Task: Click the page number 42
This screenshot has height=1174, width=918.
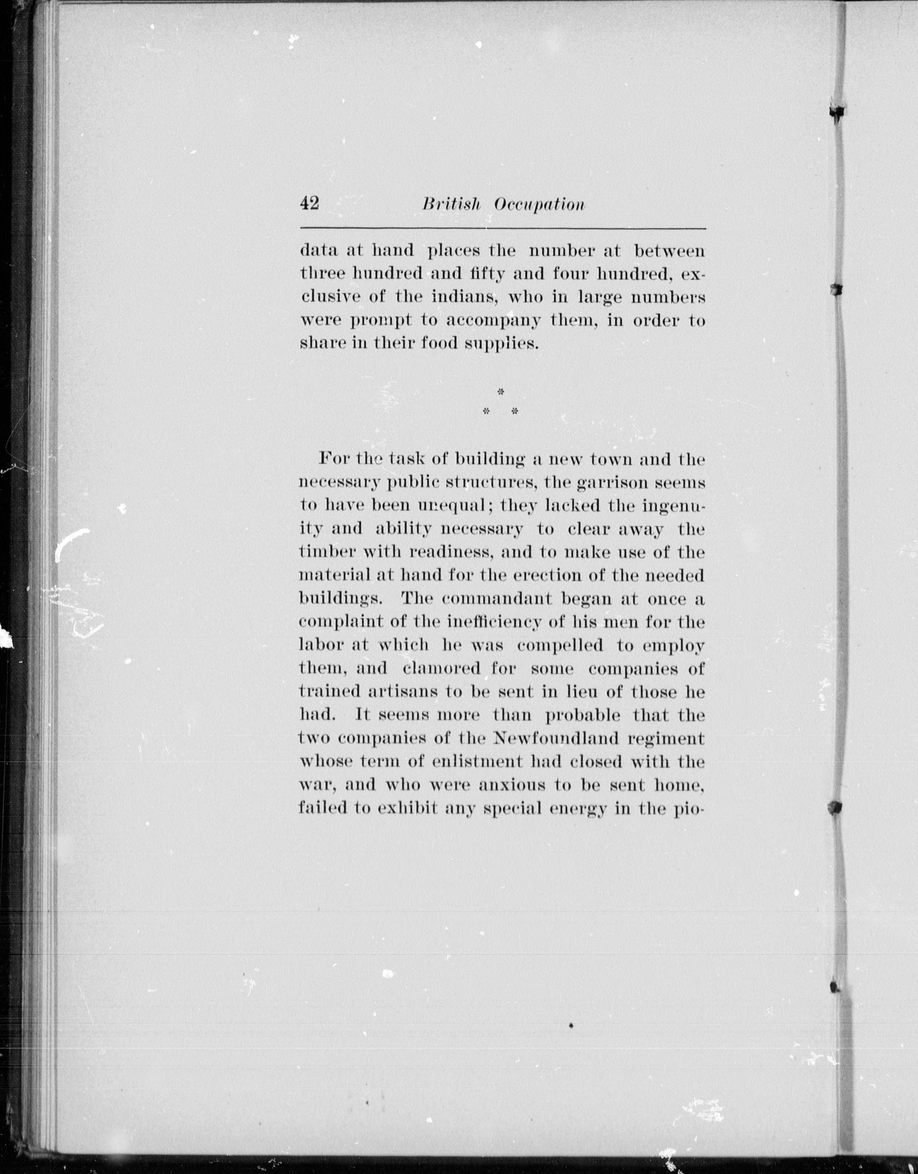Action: [x=310, y=204]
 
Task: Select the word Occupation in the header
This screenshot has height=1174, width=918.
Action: [x=539, y=205]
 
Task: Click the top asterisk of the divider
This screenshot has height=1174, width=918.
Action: [x=501, y=392]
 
